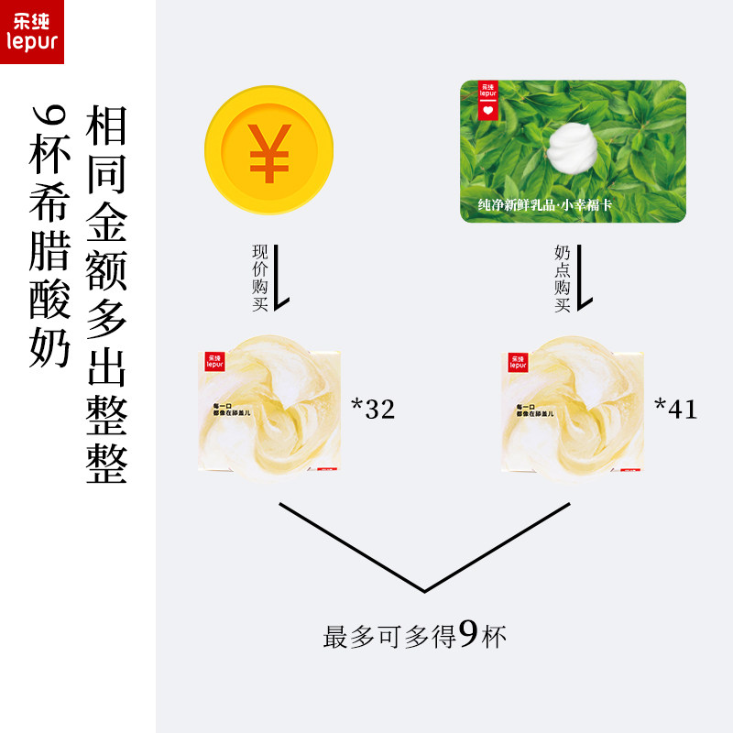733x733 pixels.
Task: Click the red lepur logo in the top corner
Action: click(x=32, y=32)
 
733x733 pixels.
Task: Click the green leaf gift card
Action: click(x=573, y=151)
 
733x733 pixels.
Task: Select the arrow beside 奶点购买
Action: click(x=585, y=275)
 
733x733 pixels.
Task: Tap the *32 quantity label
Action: click(x=373, y=410)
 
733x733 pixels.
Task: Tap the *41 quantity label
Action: click(x=676, y=410)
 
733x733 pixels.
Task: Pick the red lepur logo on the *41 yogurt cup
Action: click(x=518, y=362)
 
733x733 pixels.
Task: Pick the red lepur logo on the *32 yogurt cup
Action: click(x=216, y=362)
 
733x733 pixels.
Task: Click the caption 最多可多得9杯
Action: click(x=414, y=636)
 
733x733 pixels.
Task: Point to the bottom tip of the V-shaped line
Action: click(x=423, y=589)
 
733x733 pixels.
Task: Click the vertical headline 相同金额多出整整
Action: click(x=106, y=295)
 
